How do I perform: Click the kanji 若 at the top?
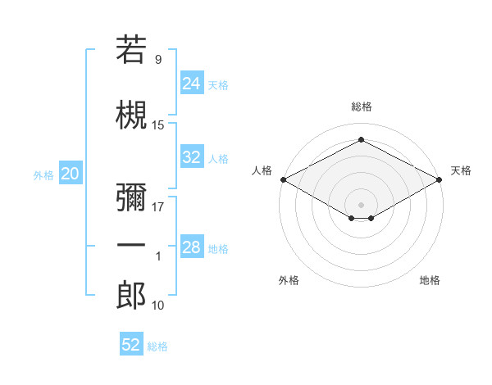point(131,49)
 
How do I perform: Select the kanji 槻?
point(131,115)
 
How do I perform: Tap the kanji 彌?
point(131,197)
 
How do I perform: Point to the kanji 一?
point(131,245)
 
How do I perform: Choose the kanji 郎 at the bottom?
point(131,295)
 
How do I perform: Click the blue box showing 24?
point(192,83)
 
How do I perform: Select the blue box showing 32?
point(192,156)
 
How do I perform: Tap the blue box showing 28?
point(192,246)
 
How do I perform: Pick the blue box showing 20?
point(71,173)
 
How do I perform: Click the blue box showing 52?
point(131,343)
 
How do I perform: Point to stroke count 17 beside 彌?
point(157,207)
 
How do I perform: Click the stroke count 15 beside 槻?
point(157,125)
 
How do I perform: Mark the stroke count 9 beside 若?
point(158,60)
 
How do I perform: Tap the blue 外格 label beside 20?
point(43,175)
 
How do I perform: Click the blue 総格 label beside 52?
point(157,346)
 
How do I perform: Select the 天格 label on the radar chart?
point(461,170)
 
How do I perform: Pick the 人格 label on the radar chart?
point(262,170)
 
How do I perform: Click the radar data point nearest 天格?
point(440,179)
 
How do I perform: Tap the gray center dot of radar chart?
point(361,205)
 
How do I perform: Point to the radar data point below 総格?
point(361,139)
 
